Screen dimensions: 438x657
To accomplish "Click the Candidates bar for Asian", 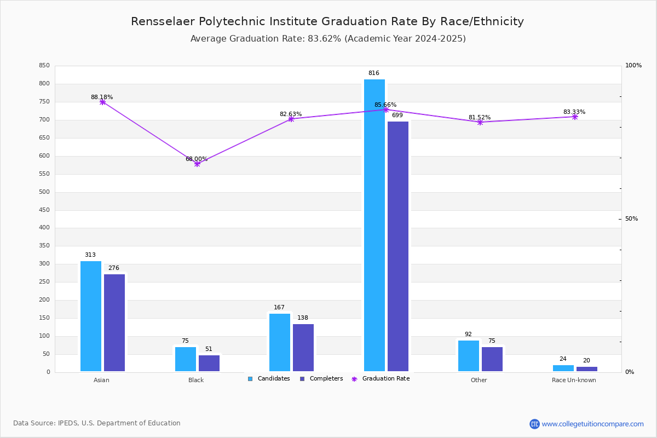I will point(91,316).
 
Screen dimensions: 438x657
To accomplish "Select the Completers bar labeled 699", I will point(398,246).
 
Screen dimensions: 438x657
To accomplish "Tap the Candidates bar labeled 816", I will point(374,226).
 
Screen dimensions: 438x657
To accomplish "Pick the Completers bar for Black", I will point(209,363).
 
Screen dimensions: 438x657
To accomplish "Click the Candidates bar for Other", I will point(469,356).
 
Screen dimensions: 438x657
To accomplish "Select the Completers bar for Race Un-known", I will point(587,369).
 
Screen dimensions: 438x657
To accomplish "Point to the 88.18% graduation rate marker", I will point(102,102).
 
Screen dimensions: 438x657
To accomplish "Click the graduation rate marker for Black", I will point(197,164).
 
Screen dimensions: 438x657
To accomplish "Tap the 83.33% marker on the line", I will point(575,117).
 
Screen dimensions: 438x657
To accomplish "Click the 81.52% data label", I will point(480,117).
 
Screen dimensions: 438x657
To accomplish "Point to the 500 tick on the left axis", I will point(44,192).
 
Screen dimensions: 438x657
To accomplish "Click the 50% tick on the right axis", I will point(631,219).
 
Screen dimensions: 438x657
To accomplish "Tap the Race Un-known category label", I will point(574,380).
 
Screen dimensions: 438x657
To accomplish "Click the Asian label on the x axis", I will point(102,380).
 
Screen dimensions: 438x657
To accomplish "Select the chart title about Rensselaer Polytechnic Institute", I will point(327,21).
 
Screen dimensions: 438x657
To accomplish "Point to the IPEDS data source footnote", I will point(97,423).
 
